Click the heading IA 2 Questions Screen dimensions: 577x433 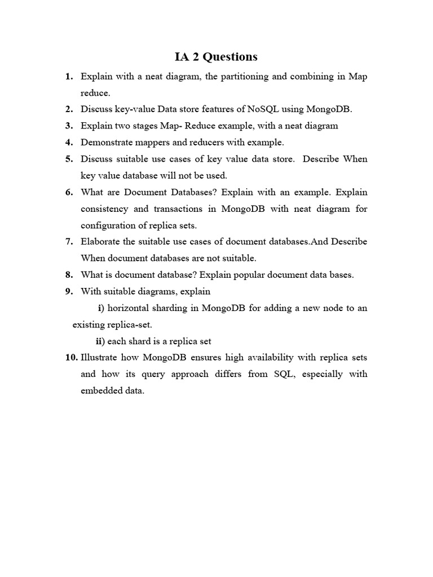(x=216, y=57)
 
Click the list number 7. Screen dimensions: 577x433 (x=69, y=242)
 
